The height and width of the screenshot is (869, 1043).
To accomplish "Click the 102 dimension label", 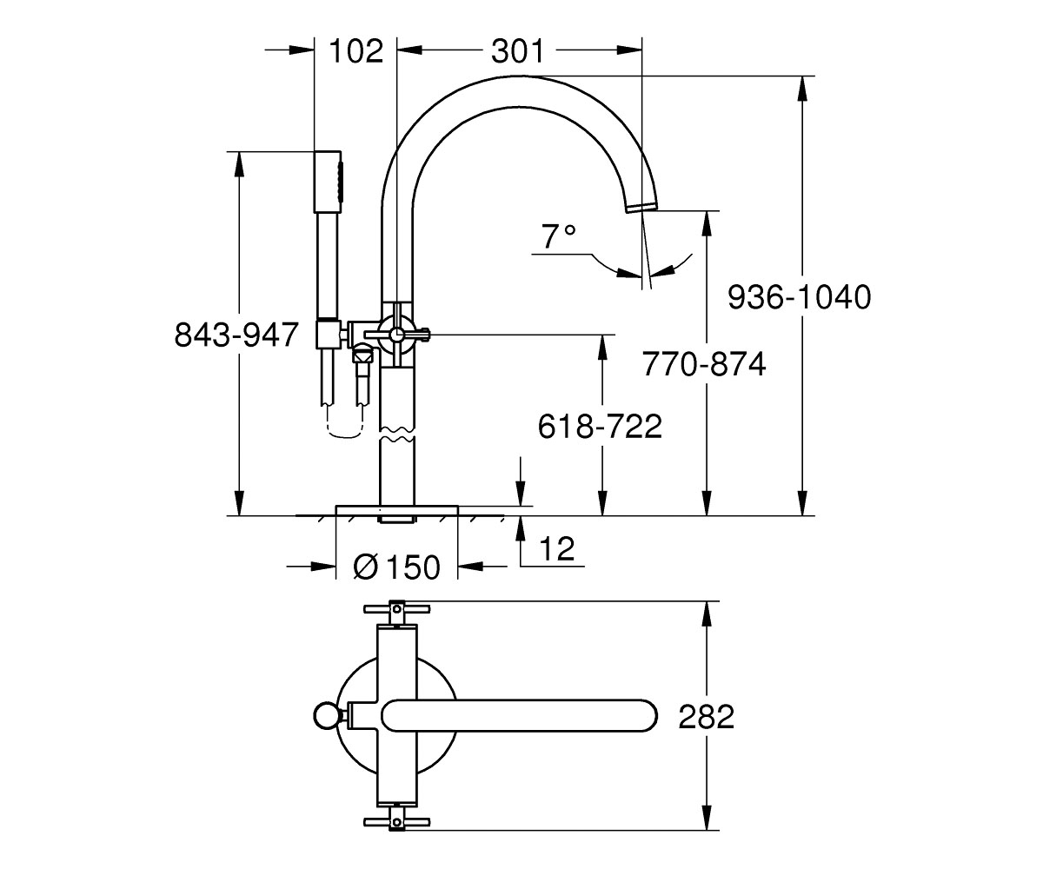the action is click(x=355, y=51).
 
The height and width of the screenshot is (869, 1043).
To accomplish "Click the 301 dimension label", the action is click(x=517, y=51).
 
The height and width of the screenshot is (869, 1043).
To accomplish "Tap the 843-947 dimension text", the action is click(x=236, y=335).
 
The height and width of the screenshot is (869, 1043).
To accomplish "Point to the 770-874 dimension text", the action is click(x=704, y=364).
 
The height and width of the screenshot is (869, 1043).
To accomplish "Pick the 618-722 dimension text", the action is click(x=600, y=426).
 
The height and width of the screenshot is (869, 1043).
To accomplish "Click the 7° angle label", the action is click(x=559, y=236).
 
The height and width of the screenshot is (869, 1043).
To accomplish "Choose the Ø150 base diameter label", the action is click(x=397, y=567).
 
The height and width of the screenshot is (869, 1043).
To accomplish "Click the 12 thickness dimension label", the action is click(x=557, y=548).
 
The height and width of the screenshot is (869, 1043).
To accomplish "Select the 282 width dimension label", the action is click(x=707, y=717).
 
